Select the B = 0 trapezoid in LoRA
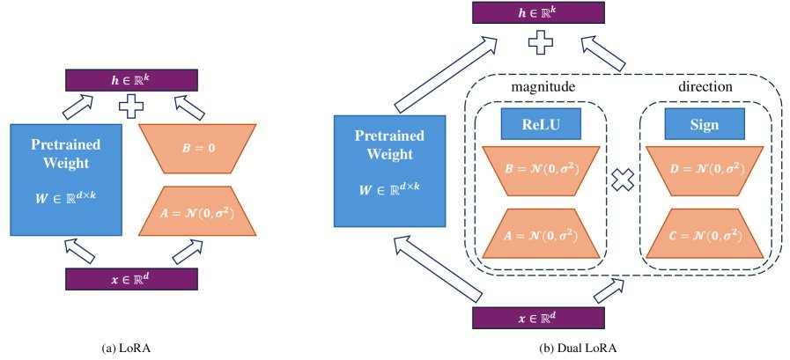click(x=197, y=149)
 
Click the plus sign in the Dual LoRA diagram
click(x=538, y=41)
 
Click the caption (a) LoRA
click(x=131, y=346)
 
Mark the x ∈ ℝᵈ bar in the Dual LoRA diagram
click(x=538, y=317)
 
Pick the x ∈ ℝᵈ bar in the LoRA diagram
click(x=131, y=279)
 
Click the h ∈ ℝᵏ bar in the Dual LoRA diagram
click(x=538, y=12)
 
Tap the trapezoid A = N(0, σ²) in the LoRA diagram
click(x=197, y=211)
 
